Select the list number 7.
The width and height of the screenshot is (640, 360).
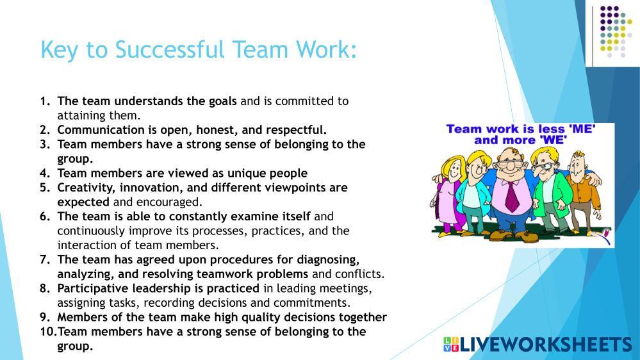44,259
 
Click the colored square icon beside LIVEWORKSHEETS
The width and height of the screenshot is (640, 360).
451,344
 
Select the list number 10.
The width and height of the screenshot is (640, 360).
49,332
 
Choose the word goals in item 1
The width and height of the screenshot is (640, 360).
222,101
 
